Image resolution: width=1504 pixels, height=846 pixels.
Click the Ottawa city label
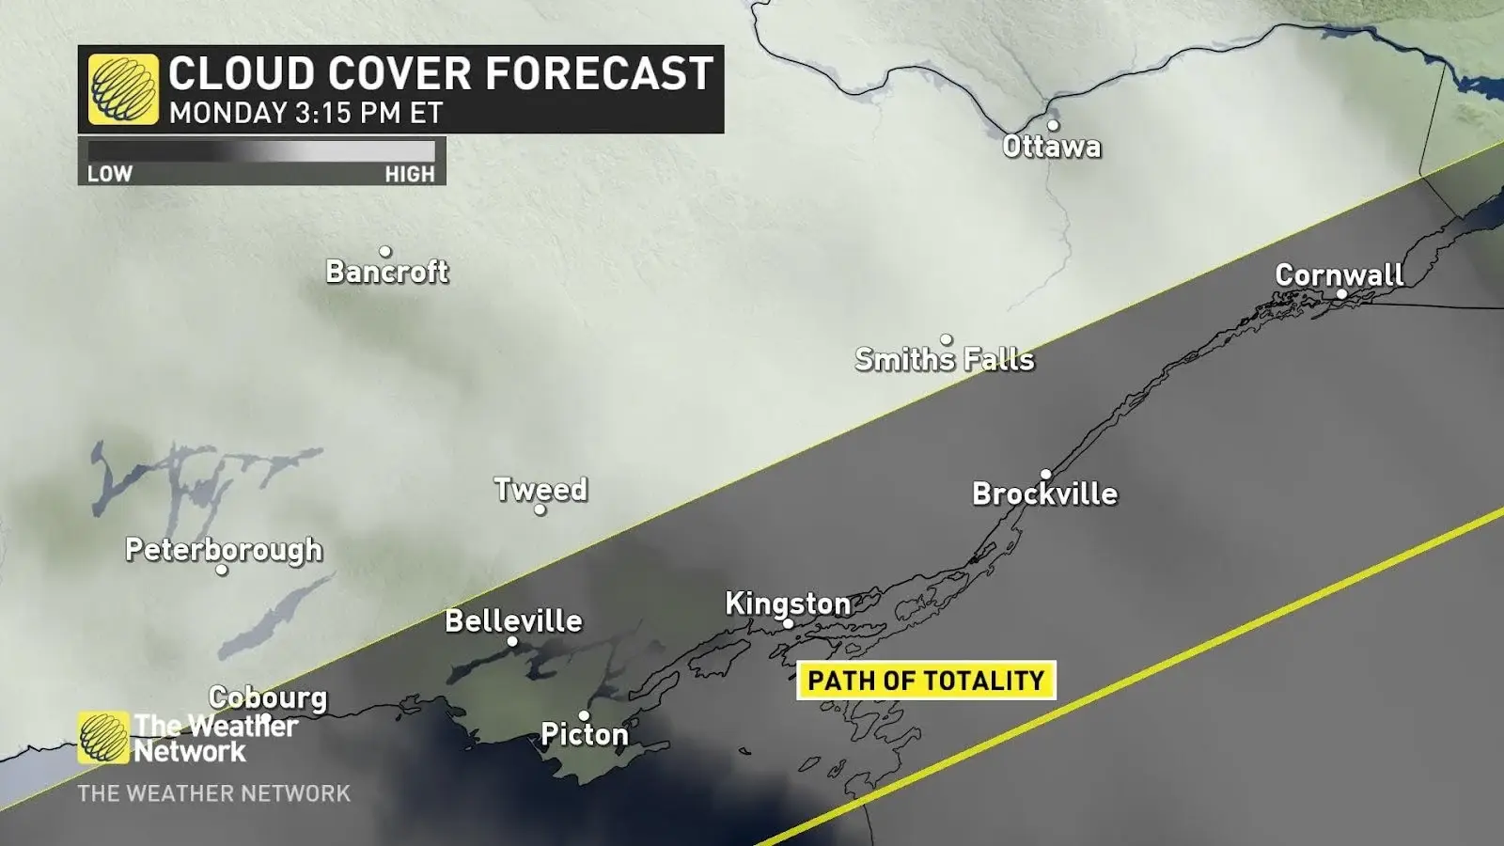pos(1051,147)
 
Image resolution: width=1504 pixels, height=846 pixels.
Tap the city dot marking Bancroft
pos(384,251)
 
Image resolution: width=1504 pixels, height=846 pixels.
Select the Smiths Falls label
pos(944,359)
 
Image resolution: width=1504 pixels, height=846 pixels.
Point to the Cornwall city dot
pos(1341,294)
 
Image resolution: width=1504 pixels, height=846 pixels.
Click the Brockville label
pos(1044,493)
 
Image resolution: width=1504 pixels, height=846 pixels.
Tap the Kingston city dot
pos(788,623)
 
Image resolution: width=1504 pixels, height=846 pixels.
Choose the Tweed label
pos(540,489)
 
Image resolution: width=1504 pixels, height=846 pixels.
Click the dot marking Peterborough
pos(222,570)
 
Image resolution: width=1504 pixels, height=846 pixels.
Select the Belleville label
pos(513,620)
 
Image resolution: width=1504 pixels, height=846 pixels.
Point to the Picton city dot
pos(584,716)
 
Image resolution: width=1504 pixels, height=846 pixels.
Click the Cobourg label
pos(268,697)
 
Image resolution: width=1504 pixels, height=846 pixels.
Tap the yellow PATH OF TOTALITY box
pos(926,681)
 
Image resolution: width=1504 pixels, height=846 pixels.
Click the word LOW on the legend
pos(110,174)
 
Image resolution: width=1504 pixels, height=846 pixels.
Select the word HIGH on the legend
pos(410,174)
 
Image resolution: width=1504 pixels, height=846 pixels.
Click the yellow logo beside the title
pos(123,89)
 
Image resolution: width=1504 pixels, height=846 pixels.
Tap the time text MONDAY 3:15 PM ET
pos(305,113)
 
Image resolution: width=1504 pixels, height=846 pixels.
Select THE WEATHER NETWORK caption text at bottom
pos(213,793)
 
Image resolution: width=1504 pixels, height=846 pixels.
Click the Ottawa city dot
pos(1053,125)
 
